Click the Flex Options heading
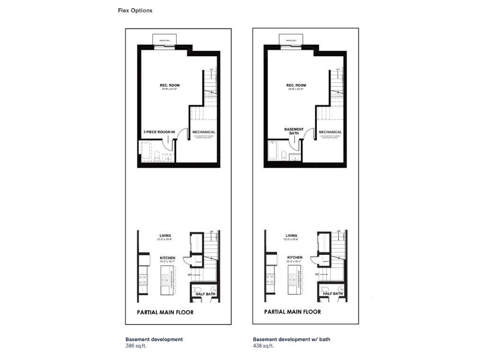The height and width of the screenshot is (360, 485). coord(135,10)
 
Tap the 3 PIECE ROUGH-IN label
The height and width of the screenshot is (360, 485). coord(159,132)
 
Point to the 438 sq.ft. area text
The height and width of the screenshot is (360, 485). coord(263,346)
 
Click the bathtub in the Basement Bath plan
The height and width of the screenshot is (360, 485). coord(274,151)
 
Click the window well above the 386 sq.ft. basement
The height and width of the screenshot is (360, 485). coord(165,40)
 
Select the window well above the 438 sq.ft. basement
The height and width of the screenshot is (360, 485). coord(291,40)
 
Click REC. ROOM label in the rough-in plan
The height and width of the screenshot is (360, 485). coord(169,86)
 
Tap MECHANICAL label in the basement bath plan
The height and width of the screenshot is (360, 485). coord(330,132)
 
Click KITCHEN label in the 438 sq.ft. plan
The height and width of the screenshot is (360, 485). coord(294,258)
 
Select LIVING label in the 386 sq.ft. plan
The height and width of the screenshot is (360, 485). coord(165,235)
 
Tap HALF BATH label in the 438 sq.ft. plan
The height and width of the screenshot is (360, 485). coord(333,294)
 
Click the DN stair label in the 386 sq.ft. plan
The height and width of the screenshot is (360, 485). coord(190,274)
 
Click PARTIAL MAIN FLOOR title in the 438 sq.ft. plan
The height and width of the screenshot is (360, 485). coord(292,312)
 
